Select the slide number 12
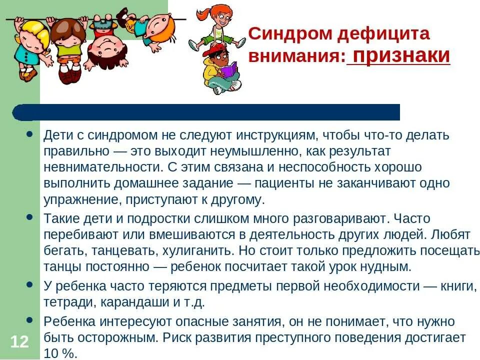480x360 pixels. (x=19, y=342)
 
